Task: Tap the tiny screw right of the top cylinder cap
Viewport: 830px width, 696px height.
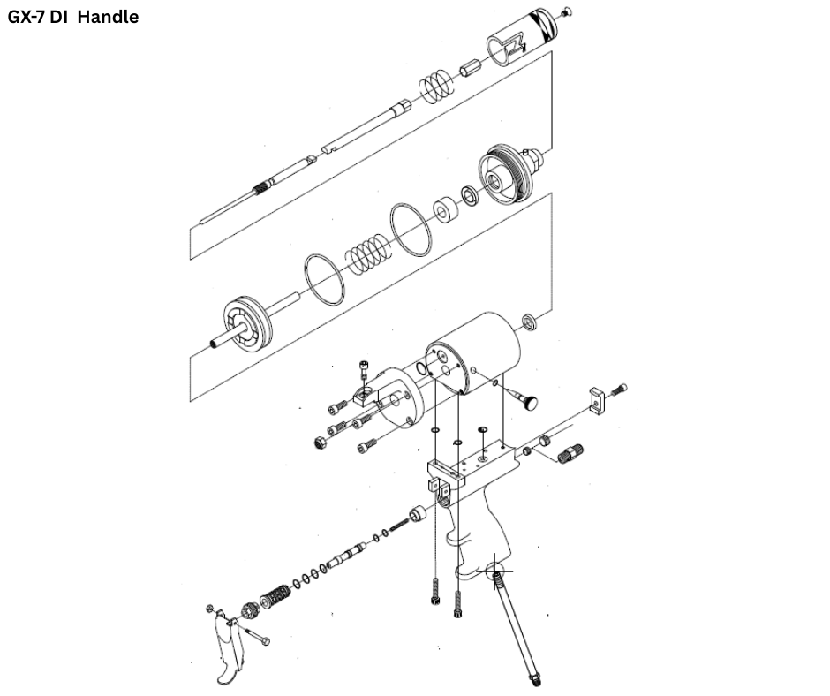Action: click(x=567, y=11)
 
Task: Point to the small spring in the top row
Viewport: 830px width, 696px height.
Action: click(x=434, y=85)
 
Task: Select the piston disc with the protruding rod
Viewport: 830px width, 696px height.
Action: click(x=243, y=323)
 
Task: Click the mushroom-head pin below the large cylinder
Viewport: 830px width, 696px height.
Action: click(x=526, y=400)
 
